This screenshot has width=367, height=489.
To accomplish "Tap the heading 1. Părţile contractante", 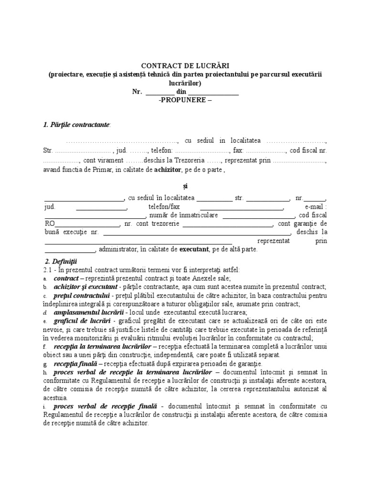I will point(76,125).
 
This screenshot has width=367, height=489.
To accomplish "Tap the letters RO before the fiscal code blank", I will point(50,223).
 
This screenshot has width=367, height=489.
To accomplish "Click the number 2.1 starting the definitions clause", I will point(48,270).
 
